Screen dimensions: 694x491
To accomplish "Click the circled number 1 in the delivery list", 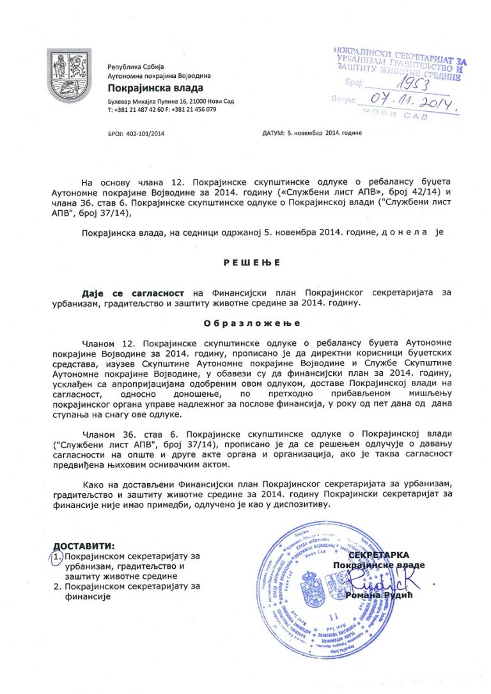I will (57, 557).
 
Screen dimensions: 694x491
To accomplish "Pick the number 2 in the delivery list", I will (57, 586).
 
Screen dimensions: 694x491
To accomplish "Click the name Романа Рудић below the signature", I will (370, 596).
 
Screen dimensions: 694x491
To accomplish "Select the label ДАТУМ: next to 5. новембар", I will (273, 133).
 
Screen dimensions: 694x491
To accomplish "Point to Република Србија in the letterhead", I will (136, 67).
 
